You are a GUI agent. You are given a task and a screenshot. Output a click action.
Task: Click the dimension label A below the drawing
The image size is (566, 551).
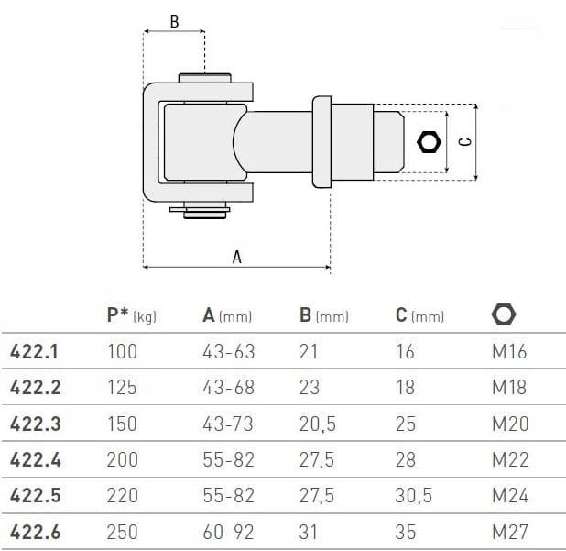(x=236, y=257)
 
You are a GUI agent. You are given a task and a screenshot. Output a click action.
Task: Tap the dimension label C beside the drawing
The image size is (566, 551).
(x=464, y=141)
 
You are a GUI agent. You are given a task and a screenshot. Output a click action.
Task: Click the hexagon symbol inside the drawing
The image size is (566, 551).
(x=428, y=141)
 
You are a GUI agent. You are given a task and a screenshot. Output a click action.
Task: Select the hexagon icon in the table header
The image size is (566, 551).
(x=504, y=315)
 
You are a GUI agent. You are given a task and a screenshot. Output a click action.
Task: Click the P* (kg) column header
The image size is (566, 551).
(x=132, y=315)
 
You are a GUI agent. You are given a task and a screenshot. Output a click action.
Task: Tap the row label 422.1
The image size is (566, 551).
(x=35, y=351)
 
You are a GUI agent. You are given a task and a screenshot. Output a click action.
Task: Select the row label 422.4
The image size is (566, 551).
(x=35, y=459)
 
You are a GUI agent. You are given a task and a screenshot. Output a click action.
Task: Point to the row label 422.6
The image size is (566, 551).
(x=35, y=532)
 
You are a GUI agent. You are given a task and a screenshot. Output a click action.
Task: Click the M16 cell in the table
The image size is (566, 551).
(x=509, y=351)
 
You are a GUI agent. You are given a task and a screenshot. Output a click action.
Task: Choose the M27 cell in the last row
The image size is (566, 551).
(x=509, y=532)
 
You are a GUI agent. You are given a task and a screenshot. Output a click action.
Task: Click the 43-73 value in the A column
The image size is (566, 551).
(x=228, y=424)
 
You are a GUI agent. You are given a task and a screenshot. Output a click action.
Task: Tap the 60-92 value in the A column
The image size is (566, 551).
(x=228, y=532)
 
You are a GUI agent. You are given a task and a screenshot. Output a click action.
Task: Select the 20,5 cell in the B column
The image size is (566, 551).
(x=317, y=424)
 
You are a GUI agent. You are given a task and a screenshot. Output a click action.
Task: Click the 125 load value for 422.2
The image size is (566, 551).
(x=122, y=388)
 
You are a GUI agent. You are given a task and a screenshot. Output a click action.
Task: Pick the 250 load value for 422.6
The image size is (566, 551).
(x=122, y=532)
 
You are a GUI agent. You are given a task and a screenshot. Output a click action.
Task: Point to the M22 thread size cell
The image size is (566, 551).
(x=510, y=459)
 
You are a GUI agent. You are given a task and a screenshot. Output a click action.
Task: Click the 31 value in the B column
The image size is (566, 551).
(x=309, y=532)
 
